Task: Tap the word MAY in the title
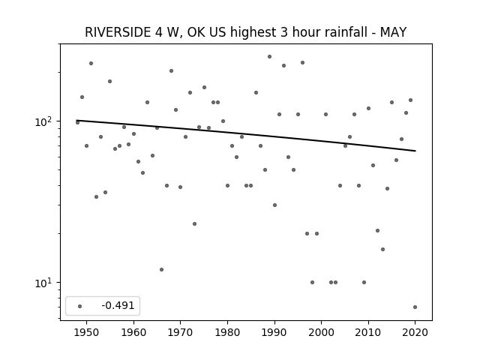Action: click(x=393, y=32)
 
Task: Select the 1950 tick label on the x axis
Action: click(x=86, y=332)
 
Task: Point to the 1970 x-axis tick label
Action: click(x=180, y=332)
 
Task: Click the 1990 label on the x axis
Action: click(x=274, y=332)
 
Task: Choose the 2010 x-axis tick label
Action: click(x=368, y=332)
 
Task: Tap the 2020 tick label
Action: click(x=415, y=332)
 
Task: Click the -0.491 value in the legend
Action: click(x=118, y=305)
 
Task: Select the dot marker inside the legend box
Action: click(x=79, y=306)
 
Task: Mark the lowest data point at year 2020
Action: click(x=415, y=307)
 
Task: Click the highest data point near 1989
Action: click(x=269, y=57)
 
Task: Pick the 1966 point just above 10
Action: click(x=162, y=270)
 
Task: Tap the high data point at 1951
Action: click(x=91, y=63)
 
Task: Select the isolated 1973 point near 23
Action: click(x=194, y=223)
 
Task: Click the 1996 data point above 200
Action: click(x=302, y=62)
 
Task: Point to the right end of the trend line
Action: click(x=415, y=151)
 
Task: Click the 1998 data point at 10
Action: click(x=312, y=282)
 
